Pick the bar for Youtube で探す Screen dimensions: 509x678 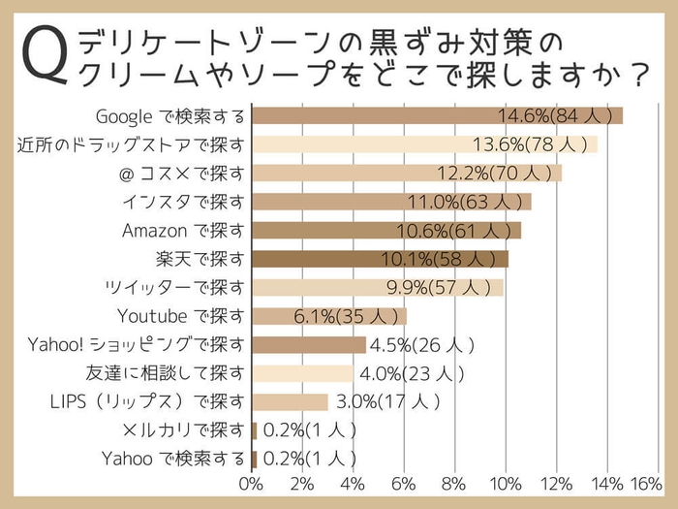pos(328,316)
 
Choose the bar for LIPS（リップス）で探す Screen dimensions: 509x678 pos(290,401)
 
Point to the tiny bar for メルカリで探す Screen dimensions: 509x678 pos(254,429)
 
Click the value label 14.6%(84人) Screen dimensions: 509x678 pos(556,116)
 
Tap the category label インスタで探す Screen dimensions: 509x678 pos(184,202)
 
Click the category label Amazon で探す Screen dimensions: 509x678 pos(183,231)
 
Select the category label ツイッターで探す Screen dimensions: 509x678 pos(175,288)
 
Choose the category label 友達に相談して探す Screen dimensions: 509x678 pos(165,373)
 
